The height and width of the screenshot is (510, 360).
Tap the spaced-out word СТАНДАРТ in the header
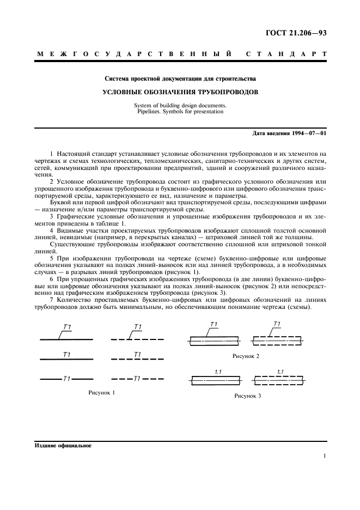pyautogui.click(x=286, y=55)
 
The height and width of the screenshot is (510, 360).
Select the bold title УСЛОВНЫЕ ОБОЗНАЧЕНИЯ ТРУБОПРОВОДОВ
pyautogui.click(x=180, y=92)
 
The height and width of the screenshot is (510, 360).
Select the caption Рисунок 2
pyautogui.click(x=246, y=356)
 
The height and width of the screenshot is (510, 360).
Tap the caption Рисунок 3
pyautogui.click(x=247, y=396)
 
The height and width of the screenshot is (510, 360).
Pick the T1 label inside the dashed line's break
pyautogui.click(x=137, y=378)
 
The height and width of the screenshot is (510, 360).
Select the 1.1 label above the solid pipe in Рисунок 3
pyautogui.click(x=217, y=372)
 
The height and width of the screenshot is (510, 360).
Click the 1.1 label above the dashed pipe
pyautogui.click(x=280, y=372)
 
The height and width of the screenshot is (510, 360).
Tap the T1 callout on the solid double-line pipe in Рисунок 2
pyautogui.click(x=213, y=325)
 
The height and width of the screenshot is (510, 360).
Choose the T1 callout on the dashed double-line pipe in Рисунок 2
pyautogui.click(x=277, y=325)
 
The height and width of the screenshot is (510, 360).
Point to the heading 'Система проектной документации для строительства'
pyautogui.click(x=180, y=79)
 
